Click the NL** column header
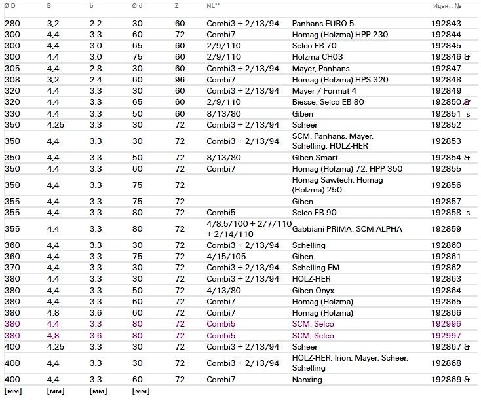213,6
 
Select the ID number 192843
446,24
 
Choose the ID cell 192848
446,80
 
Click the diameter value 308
12,80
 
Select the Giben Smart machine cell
315,158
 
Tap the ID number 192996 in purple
446,325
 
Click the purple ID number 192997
446,336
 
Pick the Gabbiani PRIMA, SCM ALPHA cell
347,229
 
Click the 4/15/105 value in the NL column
223,257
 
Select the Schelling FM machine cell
318,268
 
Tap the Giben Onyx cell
313,290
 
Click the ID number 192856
446,185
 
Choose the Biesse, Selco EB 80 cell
328,102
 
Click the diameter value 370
12,268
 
